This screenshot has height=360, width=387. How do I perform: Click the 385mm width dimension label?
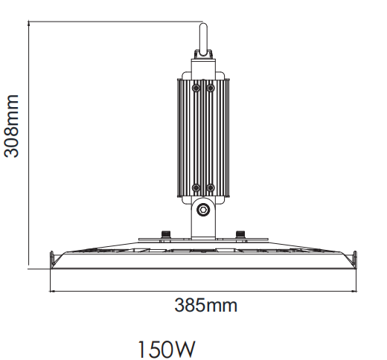click(206, 304)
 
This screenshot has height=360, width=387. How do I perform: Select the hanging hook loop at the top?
click(202, 38)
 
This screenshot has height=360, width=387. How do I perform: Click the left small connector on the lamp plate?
click(164, 234)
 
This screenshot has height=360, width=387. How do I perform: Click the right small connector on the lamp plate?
click(240, 234)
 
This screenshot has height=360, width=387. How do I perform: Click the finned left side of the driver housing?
click(185, 138)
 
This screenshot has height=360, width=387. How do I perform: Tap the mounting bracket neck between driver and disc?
click(202, 223)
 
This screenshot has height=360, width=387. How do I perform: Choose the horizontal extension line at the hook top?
click(112, 22)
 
